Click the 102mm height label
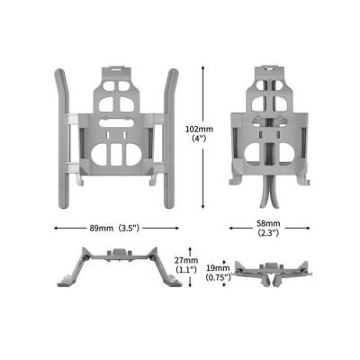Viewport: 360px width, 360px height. [198, 130]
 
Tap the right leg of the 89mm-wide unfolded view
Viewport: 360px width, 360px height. [168, 135]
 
